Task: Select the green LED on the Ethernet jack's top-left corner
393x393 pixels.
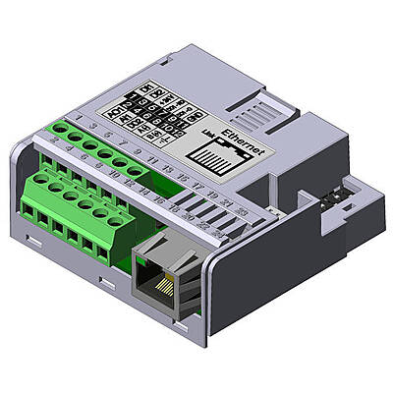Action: pos(139,257)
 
